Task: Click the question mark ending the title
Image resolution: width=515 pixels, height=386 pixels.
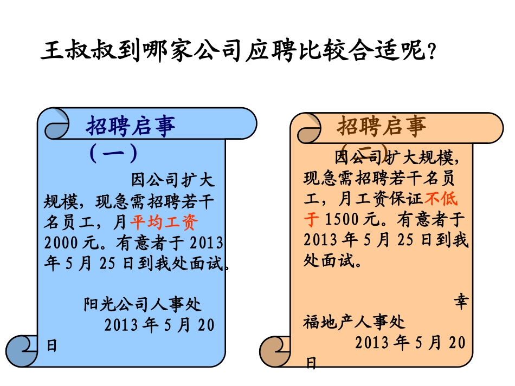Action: [x=432, y=53]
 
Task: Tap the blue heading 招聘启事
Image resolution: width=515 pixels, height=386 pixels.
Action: [x=131, y=126]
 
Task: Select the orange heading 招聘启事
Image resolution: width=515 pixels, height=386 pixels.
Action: [x=382, y=126]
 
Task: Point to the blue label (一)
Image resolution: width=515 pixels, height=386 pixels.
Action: [x=113, y=153]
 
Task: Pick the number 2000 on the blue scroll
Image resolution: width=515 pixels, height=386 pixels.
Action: [x=61, y=241]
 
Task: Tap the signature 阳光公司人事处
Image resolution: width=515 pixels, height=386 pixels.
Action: [x=143, y=304]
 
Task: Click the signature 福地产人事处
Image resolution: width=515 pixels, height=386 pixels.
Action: [x=355, y=323]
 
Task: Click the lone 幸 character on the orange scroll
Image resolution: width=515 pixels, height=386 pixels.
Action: [x=460, y=302]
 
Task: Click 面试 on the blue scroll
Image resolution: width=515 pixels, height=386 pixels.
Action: [x=202, y=264]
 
